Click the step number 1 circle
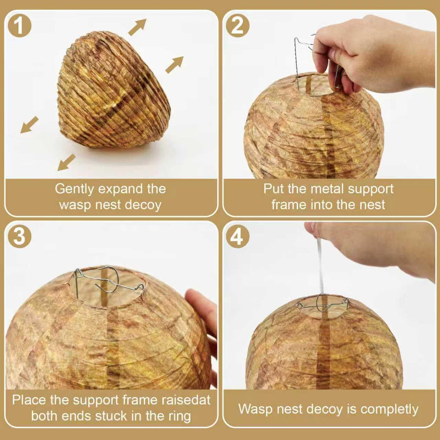(x=19, y=26)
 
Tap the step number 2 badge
(x=238, y=26)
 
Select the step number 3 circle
(x=19, y=237)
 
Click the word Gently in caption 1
(x=74, y=189)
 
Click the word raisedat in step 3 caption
(x=181, y=400)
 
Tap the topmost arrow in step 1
(x=137, y=27)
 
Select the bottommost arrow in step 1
(x=66, y=162)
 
